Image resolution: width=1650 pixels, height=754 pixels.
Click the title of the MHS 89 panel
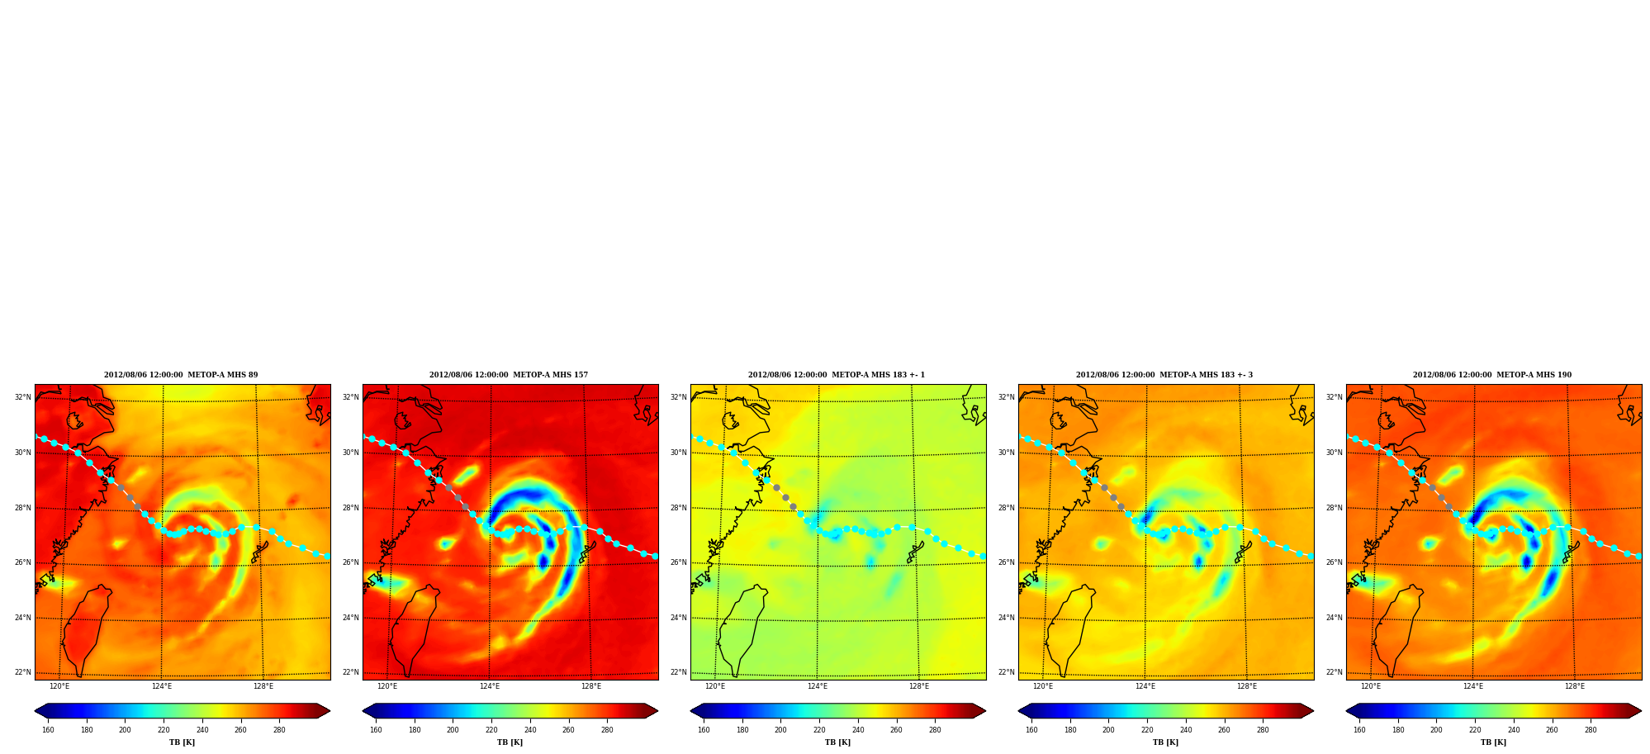coord(181,375)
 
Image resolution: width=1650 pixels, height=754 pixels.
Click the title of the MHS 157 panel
coord(509,375)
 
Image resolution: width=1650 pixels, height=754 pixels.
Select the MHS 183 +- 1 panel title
coord(837,375)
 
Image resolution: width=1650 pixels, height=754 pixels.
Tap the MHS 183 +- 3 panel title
coord(1164,375)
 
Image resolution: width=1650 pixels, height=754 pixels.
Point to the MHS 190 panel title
coord(1492,375)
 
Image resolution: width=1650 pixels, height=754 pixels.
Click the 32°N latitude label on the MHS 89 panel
coord(23,397)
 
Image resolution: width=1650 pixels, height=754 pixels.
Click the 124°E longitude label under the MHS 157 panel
coord(490,686)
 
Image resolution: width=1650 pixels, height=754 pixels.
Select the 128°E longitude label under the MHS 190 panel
coord(1575,686)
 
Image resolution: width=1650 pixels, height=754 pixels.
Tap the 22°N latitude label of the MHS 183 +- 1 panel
coord(679,672)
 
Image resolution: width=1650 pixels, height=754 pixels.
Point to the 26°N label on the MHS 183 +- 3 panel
coord(1007,562)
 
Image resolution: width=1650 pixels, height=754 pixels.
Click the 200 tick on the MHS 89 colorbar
coord(125,730)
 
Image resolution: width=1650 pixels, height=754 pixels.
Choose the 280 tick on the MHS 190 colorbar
coord(1591,730)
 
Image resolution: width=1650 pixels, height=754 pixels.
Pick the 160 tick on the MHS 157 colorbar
coord(376,730)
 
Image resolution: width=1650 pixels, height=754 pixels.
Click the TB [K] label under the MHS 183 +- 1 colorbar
coord(838,742)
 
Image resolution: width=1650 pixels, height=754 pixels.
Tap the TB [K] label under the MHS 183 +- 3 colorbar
coord(1166,742)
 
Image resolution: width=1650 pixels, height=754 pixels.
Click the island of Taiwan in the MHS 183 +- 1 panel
coord(741,628)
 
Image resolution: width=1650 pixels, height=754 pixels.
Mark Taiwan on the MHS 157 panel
coord(413,628)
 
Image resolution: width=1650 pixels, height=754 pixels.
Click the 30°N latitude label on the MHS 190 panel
coord(1335,453)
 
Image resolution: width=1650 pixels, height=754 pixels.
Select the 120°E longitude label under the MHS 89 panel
coord(59,686)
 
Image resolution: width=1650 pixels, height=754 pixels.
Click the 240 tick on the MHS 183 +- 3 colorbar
coord(1186,730)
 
